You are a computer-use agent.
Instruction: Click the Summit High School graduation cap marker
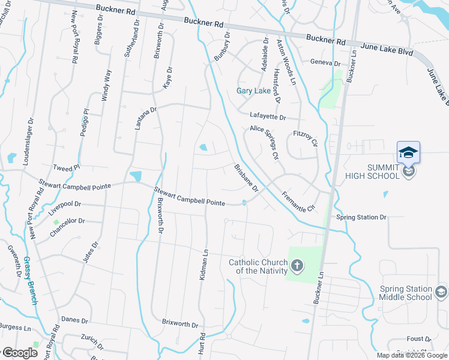point(408,152)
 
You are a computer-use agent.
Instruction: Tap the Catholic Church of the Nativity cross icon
point(297,265)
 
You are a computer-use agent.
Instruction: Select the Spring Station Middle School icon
point(441,293)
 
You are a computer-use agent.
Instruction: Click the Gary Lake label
point(253,91)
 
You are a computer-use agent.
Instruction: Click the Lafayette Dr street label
point(268,117)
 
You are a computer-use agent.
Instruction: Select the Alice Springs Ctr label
point(265,142)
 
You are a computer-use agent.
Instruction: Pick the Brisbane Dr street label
point(246,178)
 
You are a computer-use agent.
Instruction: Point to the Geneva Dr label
point(325,62)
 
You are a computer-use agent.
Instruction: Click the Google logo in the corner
point(20,353)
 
